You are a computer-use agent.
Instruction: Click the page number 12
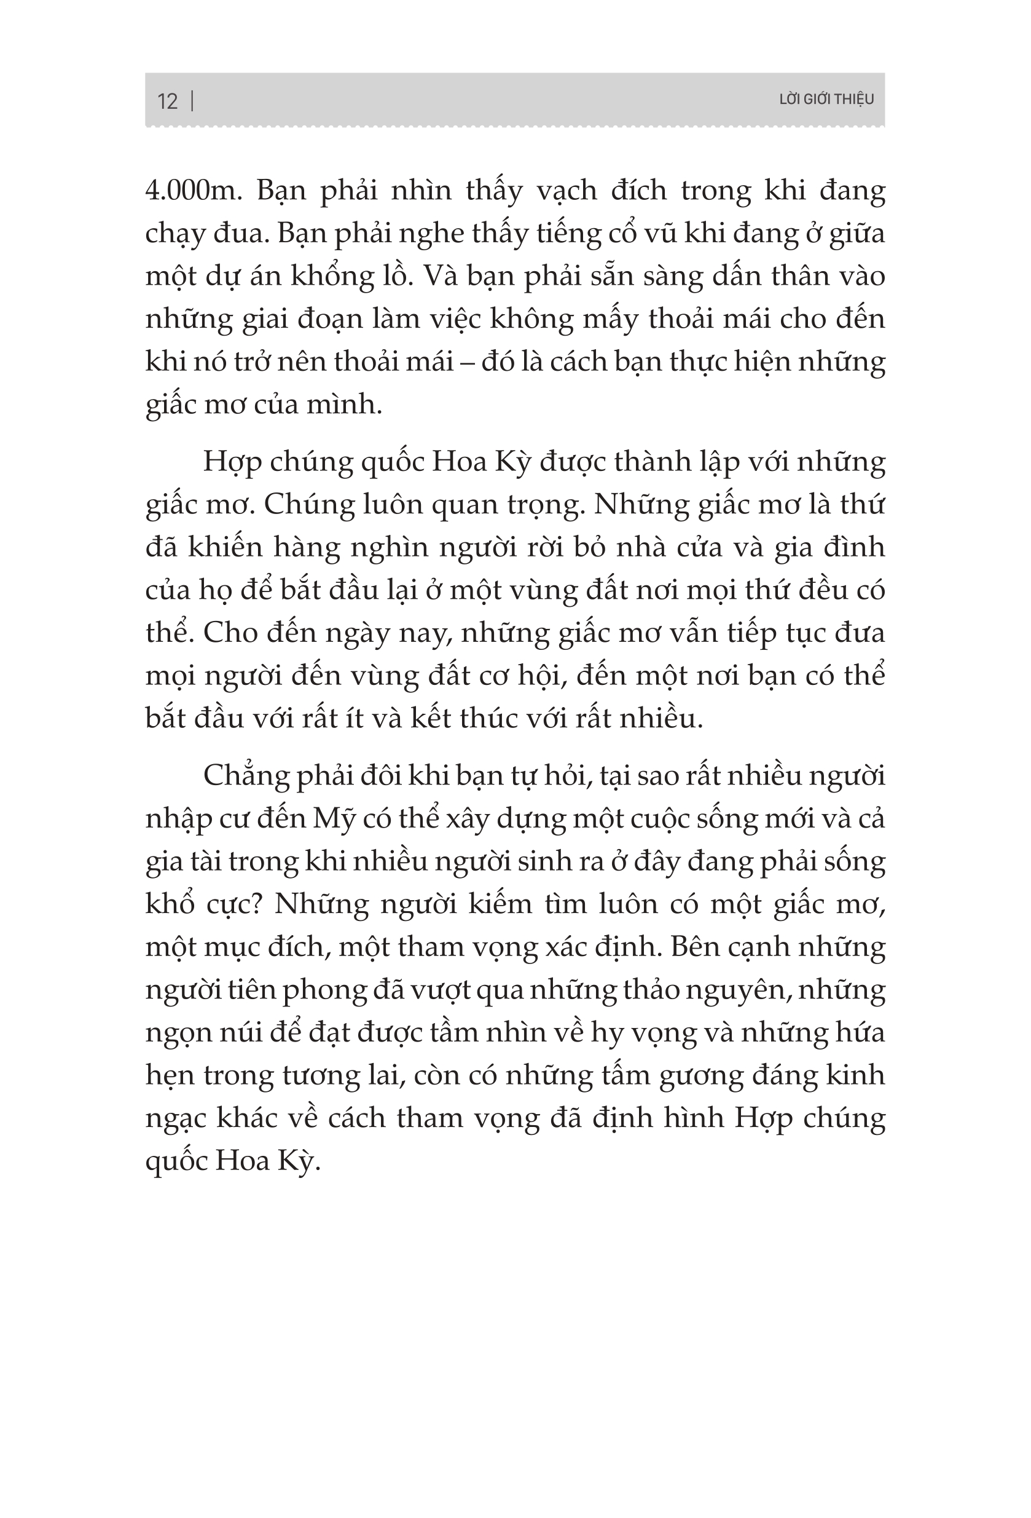point(167,101)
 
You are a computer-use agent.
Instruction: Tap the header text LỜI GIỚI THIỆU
point(826,99)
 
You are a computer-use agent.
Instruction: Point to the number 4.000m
point(194,191)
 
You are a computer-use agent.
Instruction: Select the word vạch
point(566,191)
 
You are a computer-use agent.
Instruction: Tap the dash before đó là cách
point(467,362)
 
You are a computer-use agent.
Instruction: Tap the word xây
point(468,819)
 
